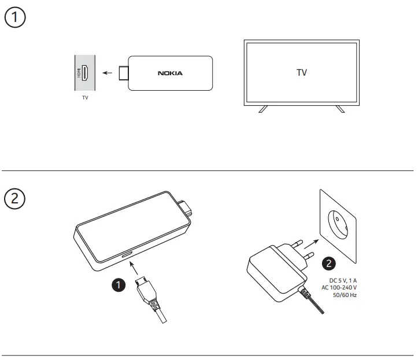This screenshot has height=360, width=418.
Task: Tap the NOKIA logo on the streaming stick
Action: pos(170,73)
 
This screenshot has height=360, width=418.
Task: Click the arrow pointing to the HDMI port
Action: pos(106,73)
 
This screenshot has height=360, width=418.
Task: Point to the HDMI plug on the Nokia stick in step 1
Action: pos(123,73)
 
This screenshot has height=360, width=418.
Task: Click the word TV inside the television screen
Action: pos(301,73)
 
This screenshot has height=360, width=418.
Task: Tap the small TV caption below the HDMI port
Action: pos(85,98)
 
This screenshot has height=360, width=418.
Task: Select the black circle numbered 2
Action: pos(328,263)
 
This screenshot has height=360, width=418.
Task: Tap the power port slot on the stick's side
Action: pos(127,254)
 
